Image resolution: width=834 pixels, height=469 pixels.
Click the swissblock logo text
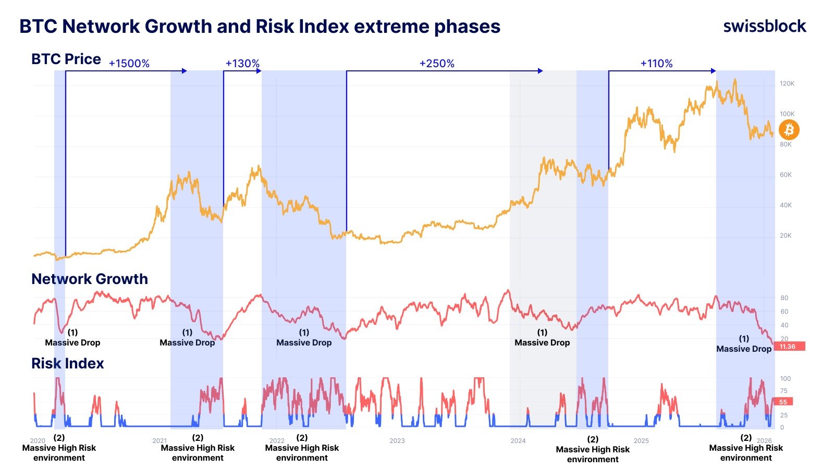point(764,26)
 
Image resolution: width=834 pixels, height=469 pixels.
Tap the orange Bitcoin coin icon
point(789,129)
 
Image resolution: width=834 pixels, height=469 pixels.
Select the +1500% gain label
point(129,64)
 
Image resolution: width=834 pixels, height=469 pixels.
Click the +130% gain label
point(242,64)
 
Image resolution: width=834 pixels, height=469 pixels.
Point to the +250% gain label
point(437,64)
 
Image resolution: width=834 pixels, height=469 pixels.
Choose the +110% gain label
point(656,64)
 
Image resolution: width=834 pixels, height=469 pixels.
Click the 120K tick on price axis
point(787,83)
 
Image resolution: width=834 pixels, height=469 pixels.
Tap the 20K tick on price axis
point(786,236)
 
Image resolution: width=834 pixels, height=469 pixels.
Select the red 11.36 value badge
point(789,347)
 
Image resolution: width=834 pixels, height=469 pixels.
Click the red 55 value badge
point(783,402)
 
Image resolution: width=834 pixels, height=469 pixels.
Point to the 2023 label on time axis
point(397,441)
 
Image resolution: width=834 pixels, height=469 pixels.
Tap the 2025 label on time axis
point(641,441)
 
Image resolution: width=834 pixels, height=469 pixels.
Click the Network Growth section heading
point(90,279)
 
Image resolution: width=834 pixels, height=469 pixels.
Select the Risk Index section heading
point(68,363)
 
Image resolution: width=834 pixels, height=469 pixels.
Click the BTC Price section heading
point(66,59)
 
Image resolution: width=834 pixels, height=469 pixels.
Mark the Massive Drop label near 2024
point(542,342)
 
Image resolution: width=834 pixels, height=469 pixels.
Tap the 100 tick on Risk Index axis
point(785,379)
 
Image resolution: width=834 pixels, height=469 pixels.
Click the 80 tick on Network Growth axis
point(784,298)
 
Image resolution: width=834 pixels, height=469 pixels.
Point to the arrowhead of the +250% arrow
point(541,71)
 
